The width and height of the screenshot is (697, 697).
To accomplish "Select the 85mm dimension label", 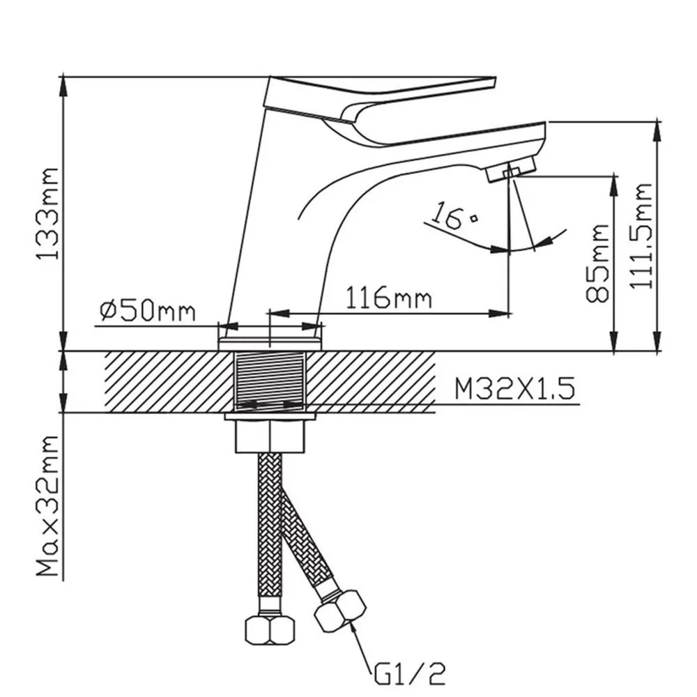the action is tap(597, 263).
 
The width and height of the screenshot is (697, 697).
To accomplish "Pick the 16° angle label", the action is tap(454, 215).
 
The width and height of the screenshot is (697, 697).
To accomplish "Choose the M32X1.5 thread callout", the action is tap(515, 388).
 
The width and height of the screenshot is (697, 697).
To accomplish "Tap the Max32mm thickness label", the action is tap(47, 506).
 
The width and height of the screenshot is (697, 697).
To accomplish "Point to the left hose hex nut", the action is tap(269, 629).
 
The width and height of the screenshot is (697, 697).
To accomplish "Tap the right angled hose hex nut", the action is tap(340, 611).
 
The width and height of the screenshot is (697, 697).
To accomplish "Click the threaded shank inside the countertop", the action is tap(270, 381).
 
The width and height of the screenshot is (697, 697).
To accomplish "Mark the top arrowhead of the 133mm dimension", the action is tap(63, 84).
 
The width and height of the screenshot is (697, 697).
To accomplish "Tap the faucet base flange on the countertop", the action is tap(270, 344).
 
